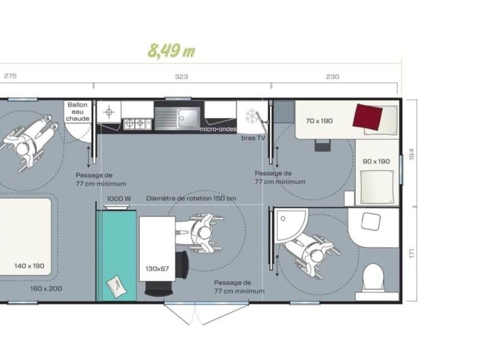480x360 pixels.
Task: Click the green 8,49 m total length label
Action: [x=171, y=51]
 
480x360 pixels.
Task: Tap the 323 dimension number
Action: [x=181, y=76]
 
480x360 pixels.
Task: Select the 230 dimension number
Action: [x=332, y=76]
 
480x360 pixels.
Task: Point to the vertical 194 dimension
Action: [x=411, y=154]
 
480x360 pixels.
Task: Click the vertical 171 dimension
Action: [x=411, y=253]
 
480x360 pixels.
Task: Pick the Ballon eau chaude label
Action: [x=78, y=111]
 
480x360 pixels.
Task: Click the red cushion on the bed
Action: [x=367, y=116]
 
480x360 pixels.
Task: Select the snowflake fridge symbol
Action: [x=251, y=116]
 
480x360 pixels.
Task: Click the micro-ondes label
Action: [x=218, y=129]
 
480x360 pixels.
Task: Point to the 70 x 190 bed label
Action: [x=319, y=121]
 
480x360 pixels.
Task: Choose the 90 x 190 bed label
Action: [x=376, y=161]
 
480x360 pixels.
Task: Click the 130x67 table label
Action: [x=157, y=269]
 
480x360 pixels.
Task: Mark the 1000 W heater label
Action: [x=119, y=199]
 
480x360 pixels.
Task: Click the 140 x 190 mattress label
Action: [x=29, y=266]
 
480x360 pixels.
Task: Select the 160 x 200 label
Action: [x=46, y=289]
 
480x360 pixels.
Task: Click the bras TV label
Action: [x=253, y=138]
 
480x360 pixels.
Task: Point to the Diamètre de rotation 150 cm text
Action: [x=191, y=198]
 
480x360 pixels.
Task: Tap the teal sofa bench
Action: [x=117, y=255]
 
